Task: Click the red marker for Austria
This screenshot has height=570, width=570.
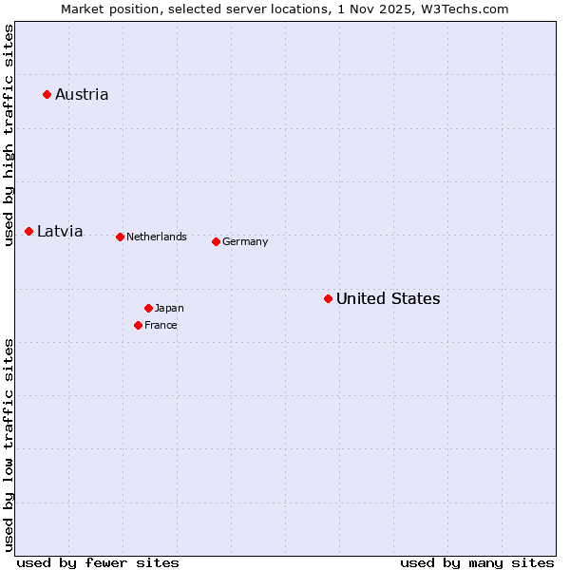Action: [47, 94]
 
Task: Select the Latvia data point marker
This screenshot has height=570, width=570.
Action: [29, 231]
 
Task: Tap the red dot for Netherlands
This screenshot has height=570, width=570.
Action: [120, 237]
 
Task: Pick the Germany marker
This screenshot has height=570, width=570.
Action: [216, 241]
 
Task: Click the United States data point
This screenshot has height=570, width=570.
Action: [328, 298]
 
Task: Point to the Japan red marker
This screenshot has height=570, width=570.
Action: [148, 308]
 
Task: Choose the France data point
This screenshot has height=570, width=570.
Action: [139, 325]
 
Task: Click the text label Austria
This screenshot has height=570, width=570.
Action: [82, 94]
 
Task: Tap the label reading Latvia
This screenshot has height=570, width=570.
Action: [60, 231]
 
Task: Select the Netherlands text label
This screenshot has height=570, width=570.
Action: [157, 237]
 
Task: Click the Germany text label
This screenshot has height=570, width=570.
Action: [245, 241]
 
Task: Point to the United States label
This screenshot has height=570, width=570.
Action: [389, 298]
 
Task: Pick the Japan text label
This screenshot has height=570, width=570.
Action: [169, 308]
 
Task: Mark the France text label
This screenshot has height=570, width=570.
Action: [161, 325]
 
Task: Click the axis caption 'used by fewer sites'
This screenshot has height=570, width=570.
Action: [98, 562]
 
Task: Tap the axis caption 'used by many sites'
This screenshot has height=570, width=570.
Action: [477, 562]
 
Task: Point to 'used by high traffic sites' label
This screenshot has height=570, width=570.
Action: [9, 135]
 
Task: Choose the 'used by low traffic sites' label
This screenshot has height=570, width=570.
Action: [9, 445]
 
